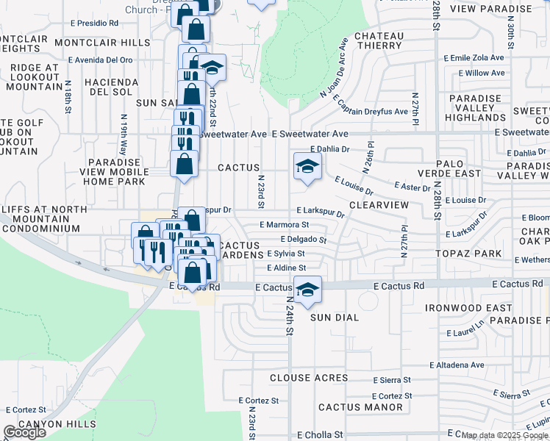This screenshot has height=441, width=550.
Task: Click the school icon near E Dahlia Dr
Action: click(307, 166)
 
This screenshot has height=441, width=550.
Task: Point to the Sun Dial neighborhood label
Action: click(334, 318)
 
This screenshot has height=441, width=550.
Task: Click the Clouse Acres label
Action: click(309, 378)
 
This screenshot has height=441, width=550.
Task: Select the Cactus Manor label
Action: click(351, 406)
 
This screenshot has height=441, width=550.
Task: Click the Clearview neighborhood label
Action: click(378, 205)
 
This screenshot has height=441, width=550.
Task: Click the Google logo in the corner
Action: click(24, 432)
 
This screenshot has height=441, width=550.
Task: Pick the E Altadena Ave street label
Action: click(457, 365)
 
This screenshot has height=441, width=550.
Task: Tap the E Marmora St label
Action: click(284, 225)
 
